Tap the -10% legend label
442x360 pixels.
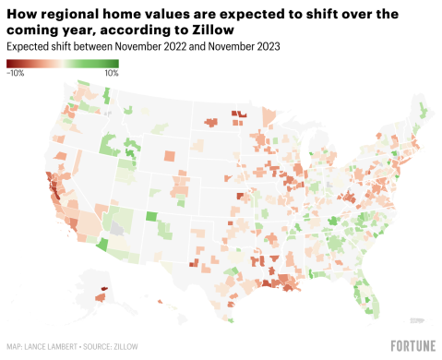(x=16, y=72)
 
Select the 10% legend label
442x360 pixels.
(x=111, y=72)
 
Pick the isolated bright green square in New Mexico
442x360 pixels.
(x=150, y=217)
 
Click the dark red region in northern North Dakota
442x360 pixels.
(x=238, y=114)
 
